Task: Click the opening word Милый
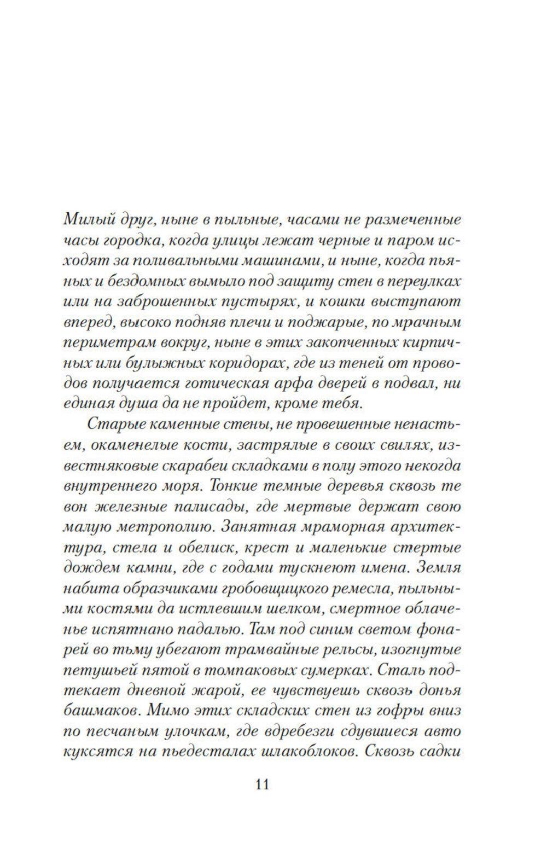(x=89, y=220)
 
